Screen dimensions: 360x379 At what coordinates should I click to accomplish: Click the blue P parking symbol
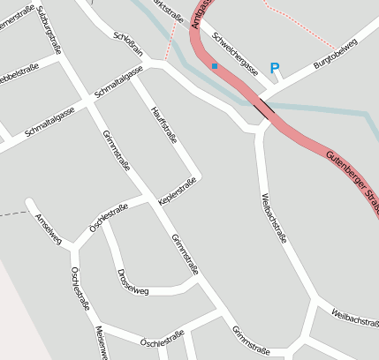point(274,68)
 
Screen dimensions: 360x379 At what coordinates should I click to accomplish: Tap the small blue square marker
point(214,65)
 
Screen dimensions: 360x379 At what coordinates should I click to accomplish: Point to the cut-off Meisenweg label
point(101,342)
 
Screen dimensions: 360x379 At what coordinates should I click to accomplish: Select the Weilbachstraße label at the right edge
point(355,318)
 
